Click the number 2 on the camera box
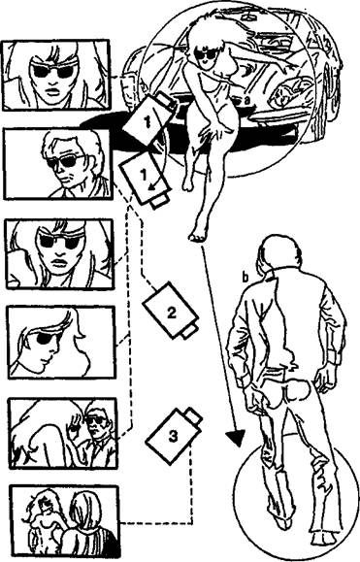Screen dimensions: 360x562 tap(172, 313)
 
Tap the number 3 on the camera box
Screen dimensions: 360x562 tap(173, 436)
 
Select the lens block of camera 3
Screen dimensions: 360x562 tap(193, 416)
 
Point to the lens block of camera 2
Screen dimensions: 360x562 tap(188, 330)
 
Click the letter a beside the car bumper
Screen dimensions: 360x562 tap(246, 102)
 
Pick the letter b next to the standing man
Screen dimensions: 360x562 tap(245, 278)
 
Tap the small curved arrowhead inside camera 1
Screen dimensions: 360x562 tap(152, 185)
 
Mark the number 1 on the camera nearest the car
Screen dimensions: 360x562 tap(147, 121)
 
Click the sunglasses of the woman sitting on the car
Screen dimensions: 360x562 tap(207, 54)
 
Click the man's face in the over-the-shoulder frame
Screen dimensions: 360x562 tap(96, 426)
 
